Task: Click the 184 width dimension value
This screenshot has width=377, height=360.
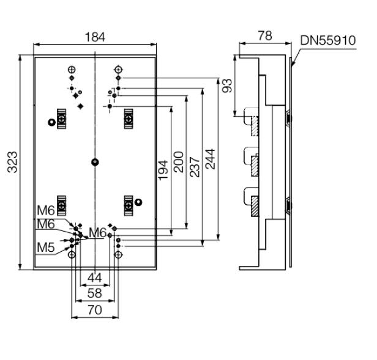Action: point(94,37)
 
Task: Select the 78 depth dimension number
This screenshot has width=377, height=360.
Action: point(264,37)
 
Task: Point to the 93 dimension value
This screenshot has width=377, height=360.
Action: point(228,86)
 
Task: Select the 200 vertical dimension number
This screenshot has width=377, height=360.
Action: point(179,162)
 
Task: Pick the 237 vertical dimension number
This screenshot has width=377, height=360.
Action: point(195,162)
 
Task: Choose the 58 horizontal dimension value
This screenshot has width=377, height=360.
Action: point(94,294)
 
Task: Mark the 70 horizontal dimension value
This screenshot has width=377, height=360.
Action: point(94,310)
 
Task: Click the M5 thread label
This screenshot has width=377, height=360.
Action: point(46,248)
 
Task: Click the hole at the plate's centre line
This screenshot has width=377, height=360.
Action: point(94,162)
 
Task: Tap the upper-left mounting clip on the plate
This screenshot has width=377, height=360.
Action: point(62,116)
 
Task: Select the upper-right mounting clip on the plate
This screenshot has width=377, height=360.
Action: point(129,116)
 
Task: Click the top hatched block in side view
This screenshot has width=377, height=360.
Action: point(255,125)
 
